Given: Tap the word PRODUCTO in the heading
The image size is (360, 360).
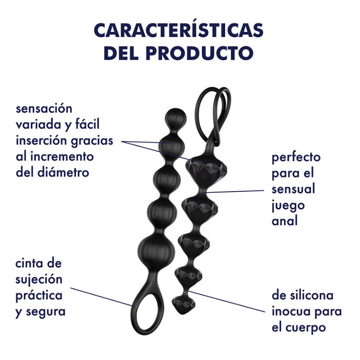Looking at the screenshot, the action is [x=199, y=53].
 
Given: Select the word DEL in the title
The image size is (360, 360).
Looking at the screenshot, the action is [x=121, y=53].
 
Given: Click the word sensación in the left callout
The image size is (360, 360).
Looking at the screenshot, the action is [x=44, y=108].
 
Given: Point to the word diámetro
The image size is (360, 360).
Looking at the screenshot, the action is [x=63, y=172].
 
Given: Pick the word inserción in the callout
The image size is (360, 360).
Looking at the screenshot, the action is [x=41, y=140].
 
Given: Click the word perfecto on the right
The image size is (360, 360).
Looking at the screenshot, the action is [x=296, y=158].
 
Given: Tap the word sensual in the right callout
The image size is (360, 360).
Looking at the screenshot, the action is [x=293, y=189].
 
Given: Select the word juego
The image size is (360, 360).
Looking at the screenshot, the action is [x=288, y=206].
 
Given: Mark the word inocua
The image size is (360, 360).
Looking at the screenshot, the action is [x=290, y=311].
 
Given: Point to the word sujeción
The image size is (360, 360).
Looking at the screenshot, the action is [x=38, y=280].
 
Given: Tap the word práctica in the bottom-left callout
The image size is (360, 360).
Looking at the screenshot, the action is [x=38, y=295].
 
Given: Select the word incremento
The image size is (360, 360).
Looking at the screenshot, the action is [x=62, y=156].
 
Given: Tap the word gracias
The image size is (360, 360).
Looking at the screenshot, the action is [x=92, y=141].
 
